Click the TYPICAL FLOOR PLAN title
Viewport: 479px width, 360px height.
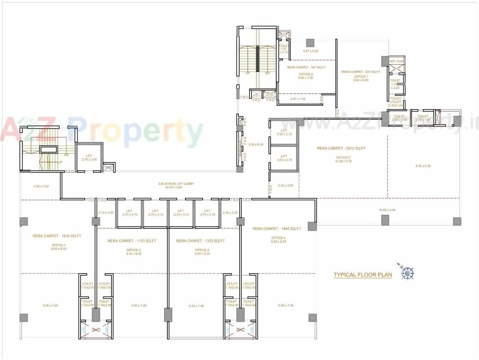pyautogui.click(x=362, y=275)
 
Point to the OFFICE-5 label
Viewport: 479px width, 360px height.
pyautogui.click(x=343, y=158)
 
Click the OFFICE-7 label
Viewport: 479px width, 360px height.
pyautogui.click(x=361, y=77)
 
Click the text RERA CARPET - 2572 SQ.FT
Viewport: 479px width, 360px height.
pyautogui.click(x=341, y=148)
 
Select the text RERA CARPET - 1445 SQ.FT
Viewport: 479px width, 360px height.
pyautogui.click(x=277, y=228)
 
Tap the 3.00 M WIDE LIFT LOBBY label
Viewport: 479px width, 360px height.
pyautogui.click(x=176, y=183)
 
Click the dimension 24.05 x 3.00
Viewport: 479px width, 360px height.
pyautogui.click(x=176, y=187)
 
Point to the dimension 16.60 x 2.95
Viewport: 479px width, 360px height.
pyautogui.click(x=387, y=210)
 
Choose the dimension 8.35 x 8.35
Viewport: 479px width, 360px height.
pyautogui.click(x=423, y=166)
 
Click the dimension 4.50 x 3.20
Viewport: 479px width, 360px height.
pyautogui.click(x=41, y=186)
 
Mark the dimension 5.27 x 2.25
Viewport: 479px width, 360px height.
pyautogui.click(x=310, y=51)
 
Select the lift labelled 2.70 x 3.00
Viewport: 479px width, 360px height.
pyautogui.click(x=88, y=157)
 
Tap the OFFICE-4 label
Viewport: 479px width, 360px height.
pyautogui.click(x=278, y=238)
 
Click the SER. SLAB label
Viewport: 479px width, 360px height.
pyautogui.click(x=397, y=61)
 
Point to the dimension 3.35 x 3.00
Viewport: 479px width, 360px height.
pyautogui.click(x=285, y=186)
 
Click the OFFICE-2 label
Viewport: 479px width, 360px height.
pyautogui.click(x=134, y=250)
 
